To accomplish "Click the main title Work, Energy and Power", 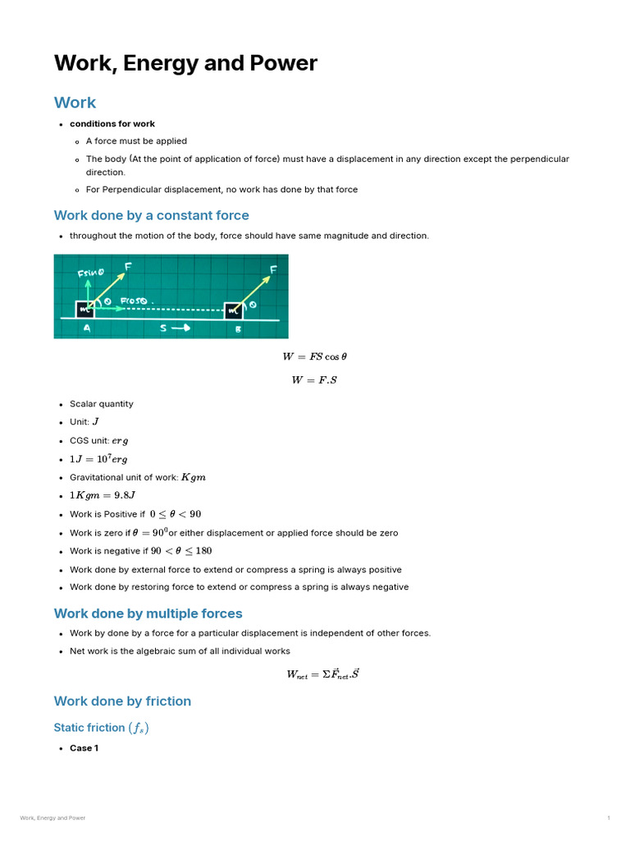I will point(185,63).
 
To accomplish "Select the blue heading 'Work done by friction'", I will point(122,701).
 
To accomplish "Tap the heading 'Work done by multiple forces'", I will point(148,614).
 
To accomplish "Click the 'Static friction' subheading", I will point(101,728).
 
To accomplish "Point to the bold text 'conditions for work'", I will point(112,124).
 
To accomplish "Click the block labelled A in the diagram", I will point(85,309).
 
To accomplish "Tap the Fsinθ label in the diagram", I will point(90,273).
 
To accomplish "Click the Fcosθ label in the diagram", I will point(135,301).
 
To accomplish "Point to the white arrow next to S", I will point(182,327).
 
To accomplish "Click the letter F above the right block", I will point(273,269).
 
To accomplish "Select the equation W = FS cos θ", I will point(314,356).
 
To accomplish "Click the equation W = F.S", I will point(314,379).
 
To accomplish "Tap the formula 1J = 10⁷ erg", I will point(98,459).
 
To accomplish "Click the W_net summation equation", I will point(322,674).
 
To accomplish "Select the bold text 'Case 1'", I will point(84,748).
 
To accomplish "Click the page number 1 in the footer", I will point(609,818).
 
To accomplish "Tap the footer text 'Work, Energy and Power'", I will point(52,818).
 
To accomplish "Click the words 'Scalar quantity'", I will point(101,404).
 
